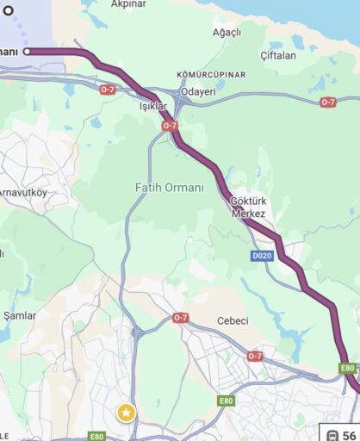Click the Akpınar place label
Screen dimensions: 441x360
pyautogui.click(x=128, y=4)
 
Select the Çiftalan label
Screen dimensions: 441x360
pyautogui.click(x=277, y=55)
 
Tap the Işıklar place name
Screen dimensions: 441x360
pyautogui.click(x=152, y=106)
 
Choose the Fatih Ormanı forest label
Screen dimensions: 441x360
pyautogui.click(x=170, y=187)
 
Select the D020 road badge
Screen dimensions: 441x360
pyautogui.click(x=262, y=256)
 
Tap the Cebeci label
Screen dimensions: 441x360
pyautogui.click(x=233, y=320)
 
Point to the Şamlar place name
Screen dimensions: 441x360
pyautogui.click(x=20, y=315)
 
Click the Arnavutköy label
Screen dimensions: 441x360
pyautogui.click(x=24, y=191)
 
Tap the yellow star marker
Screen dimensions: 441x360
pyautogui.click(x=127, y=413)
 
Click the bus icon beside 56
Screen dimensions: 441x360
pyautogui.click(x=332, y=436)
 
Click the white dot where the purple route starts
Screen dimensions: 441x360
pyautogui.click(x=28, y=52)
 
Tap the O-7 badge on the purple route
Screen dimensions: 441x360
pyautogui.click(x=170, y=126)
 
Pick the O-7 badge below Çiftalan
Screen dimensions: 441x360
pyautogui.click(x=327, y=102)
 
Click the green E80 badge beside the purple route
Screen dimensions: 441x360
pyautogui.click(x=347, y=368)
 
